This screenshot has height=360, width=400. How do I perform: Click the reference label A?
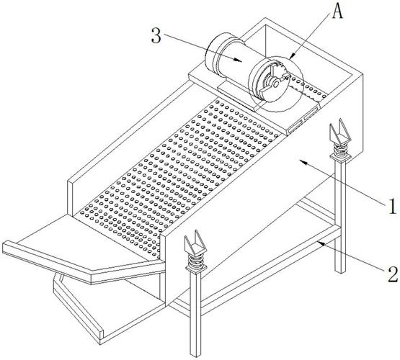337,11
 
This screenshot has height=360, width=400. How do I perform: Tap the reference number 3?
156,36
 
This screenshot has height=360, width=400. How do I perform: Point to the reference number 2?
393,274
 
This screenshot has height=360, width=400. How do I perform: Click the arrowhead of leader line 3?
239,60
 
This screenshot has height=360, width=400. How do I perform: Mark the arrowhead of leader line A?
292,55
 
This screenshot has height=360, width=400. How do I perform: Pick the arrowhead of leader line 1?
303,162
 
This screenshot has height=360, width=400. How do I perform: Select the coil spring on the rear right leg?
340,150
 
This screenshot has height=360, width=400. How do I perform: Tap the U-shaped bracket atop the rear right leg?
340,132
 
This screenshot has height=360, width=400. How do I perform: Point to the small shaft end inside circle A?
275,84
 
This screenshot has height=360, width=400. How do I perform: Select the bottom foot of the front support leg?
195,354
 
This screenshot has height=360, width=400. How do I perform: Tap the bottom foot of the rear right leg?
339,270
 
